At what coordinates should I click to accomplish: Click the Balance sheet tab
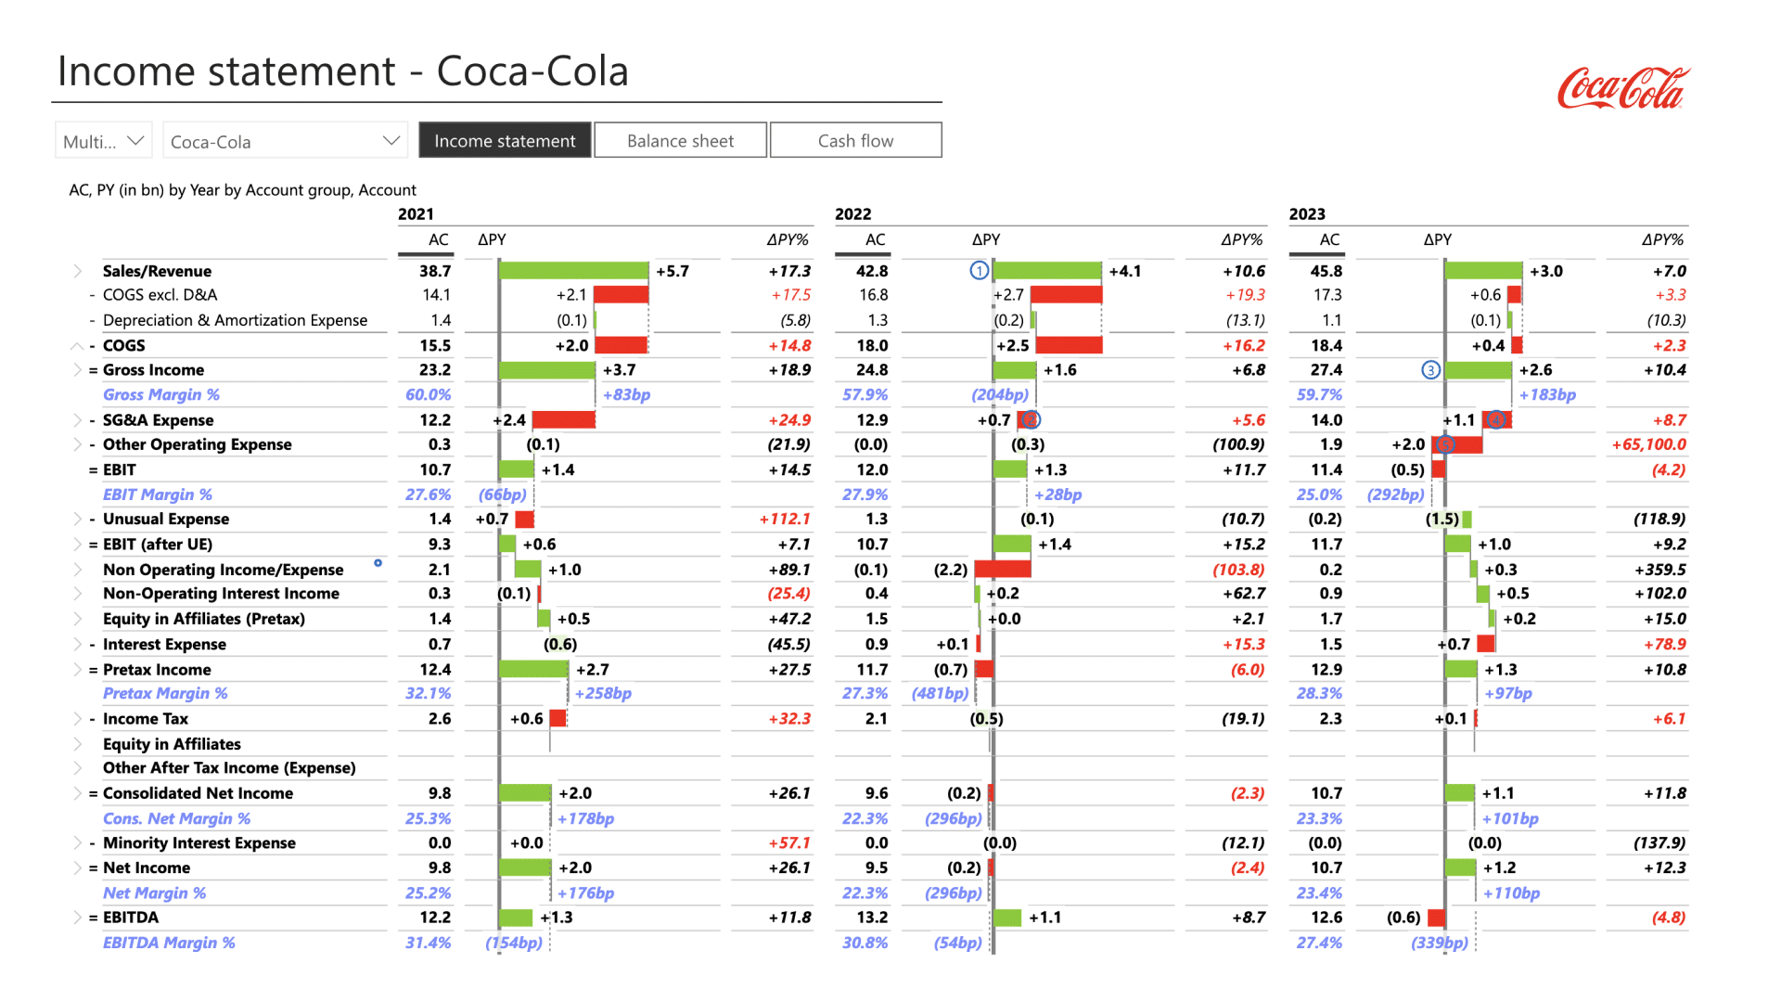pos(680,141)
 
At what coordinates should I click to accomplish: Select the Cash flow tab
pos(855,141)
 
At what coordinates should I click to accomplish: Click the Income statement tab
pos(505,141)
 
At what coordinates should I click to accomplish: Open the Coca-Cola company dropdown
pos(286,141)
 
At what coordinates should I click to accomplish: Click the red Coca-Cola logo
pos(1623,89)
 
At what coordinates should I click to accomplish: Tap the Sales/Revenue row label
pos(157,271)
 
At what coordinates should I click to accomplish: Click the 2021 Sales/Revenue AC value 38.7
pos(435,271)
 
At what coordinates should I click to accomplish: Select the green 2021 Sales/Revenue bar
pos(573,271)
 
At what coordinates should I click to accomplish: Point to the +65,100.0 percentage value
pos(1648,444)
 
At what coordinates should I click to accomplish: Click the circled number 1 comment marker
pos(980,271)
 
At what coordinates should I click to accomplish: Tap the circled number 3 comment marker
pos(1431,370)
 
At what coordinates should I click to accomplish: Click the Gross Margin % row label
pos(161,394)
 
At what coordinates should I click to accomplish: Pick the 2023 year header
pos(1307,214)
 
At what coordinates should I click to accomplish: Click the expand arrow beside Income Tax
pos(78,719)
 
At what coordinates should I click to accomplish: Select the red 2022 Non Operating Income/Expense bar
pos(1003,569)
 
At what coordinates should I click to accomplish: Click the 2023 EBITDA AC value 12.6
pos(1326,918)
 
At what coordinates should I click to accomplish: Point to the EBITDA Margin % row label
pos(169,943)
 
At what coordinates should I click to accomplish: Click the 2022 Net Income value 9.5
pos(877,867)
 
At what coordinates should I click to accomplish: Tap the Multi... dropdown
pos(103,141)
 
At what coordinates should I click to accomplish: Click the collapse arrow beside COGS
pos(78,345)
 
